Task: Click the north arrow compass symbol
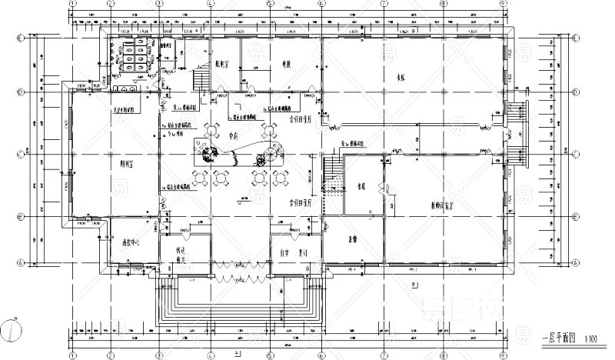12,328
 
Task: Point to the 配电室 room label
224,65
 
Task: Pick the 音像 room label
354,238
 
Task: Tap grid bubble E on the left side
21,37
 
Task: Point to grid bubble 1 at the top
71,3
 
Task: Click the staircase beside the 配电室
201,79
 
